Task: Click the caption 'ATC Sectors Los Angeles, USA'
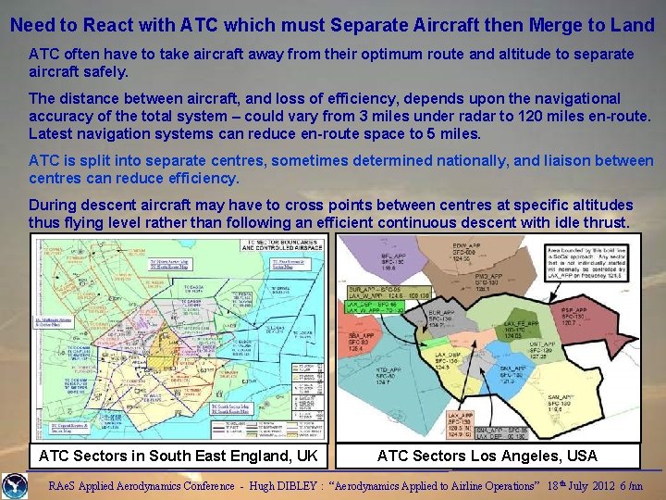487,456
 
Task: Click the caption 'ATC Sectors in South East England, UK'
179,456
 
